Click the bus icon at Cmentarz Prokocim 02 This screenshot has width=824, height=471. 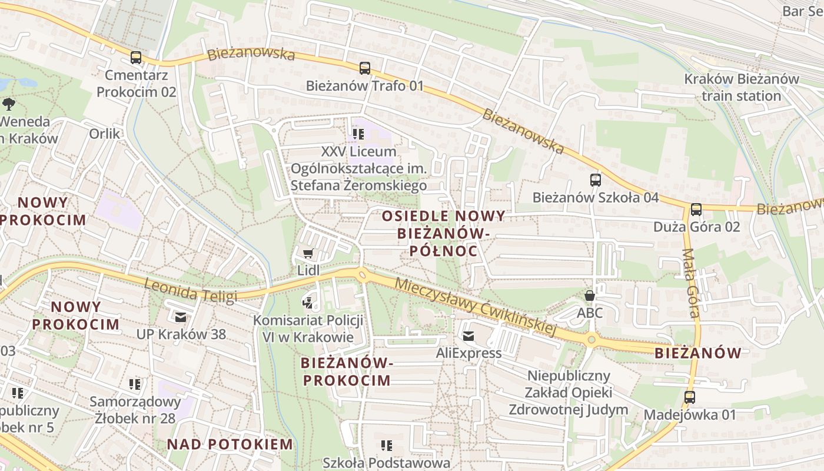pyautogui.click(x=136, y=58)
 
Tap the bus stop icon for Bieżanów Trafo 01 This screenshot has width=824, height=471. pyautogui.click(x=365, y=68)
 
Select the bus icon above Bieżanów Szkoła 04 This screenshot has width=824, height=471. pyautogui.click(x=596, y=180)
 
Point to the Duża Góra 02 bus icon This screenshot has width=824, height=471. pyautogui.click(x=696, y=209)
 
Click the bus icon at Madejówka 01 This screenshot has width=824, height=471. pyautogui.click(x=690, y=397)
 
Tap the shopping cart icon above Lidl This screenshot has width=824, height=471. pyautogui.click(x=308, y=254)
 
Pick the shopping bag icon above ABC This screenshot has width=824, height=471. pyautogui.click(x=589, y=296)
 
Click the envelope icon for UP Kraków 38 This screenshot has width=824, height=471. pyautogui.click(x=181, y=317)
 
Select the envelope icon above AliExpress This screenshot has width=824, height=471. pyautogui.click(x=469, y=336)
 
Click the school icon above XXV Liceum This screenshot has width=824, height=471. pyautogui.click(x=358, y=134)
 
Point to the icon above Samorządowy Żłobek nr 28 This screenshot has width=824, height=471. pyautogui.click(x=135, y=384)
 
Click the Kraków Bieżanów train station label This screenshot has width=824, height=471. pyautogui.click(x=741, y=87)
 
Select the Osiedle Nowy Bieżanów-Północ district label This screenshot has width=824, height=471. pyautogui.click(x=443, y=233)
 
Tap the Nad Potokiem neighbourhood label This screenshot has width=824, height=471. pyautogui.click(x=230, y=444)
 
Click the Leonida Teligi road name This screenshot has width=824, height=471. pyautogui.click(x=191, y=290)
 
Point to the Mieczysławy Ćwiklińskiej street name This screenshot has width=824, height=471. pyautogui.click(x=476, y=307)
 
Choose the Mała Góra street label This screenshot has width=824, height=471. pyautogui.click(x=691, y=283)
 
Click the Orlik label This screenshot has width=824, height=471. pyautogui.click(x=105, y=134)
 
